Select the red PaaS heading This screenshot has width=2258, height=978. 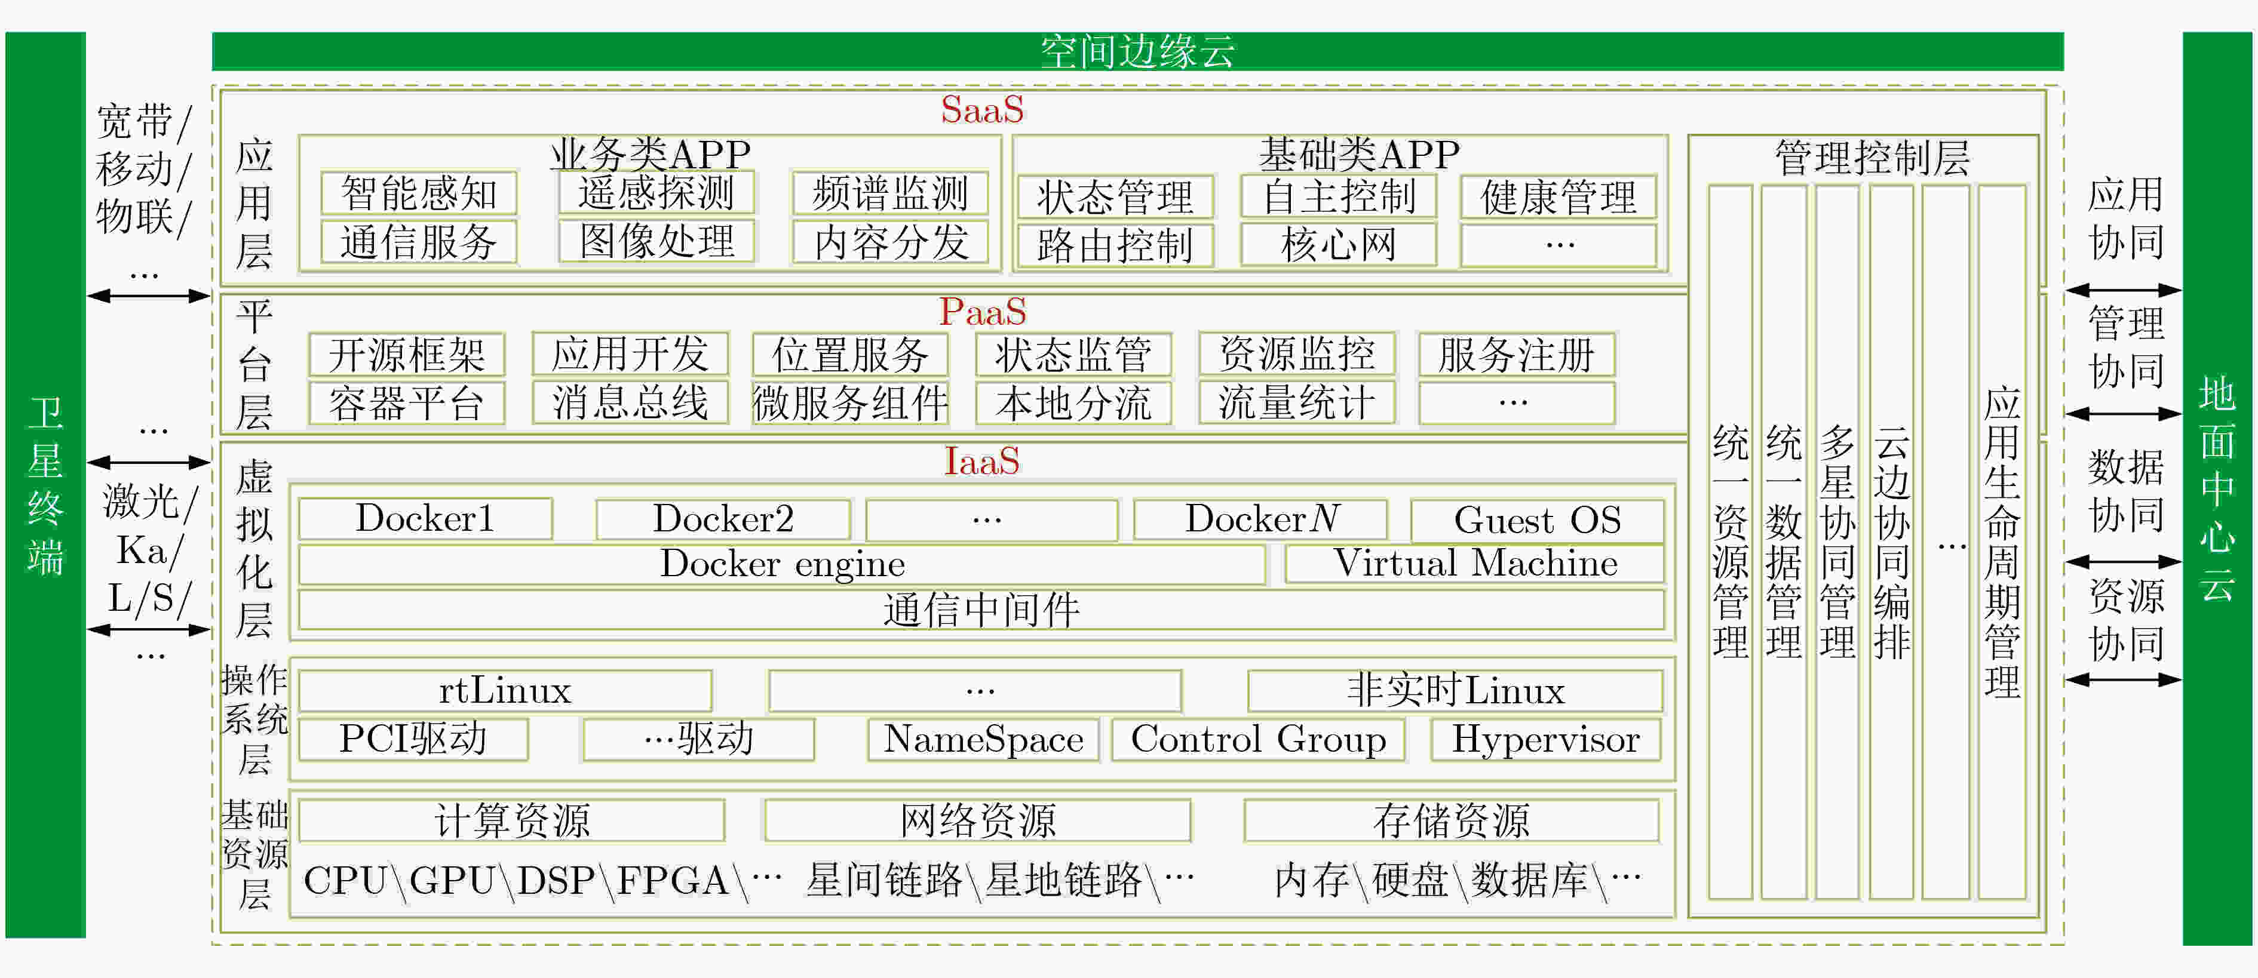click(981, 312)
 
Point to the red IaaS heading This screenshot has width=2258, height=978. click(981, 461)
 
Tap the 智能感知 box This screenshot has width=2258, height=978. click(419, 193)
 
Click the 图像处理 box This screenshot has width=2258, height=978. click(656, 242)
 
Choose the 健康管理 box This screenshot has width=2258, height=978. click(1558, 197)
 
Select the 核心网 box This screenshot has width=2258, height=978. click(1339, 245)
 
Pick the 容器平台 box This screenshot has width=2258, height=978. click(407, 403)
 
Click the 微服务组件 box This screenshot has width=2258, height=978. click(850, 403)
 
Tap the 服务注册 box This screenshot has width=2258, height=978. click(1517, 355)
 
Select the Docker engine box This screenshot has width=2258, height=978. click(782, 564)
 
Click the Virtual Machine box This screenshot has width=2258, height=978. click(1474, 564)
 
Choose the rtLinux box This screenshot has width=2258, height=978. click(505, 691)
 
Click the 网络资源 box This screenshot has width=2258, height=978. click(977, 821)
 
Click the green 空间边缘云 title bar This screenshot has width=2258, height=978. click(1138, 51)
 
